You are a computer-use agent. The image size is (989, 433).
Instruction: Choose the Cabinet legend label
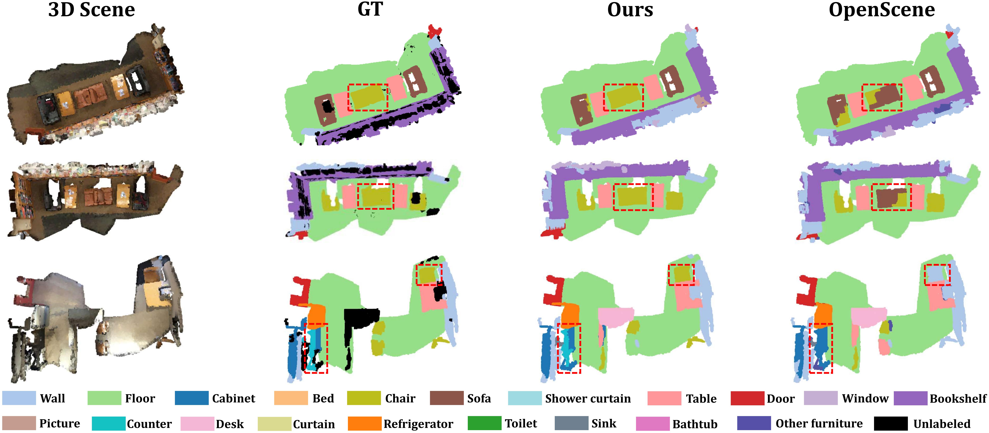233,399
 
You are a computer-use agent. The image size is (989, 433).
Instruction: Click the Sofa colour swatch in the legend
447,398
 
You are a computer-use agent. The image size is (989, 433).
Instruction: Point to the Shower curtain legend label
588,399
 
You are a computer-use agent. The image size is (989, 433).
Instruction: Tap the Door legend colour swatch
747,398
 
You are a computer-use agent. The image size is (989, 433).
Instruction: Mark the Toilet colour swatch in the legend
485,423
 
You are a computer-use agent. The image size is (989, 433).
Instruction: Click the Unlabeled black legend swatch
891,423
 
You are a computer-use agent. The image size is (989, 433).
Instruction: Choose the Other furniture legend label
819,423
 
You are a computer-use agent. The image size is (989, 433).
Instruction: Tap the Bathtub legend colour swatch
653,423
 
